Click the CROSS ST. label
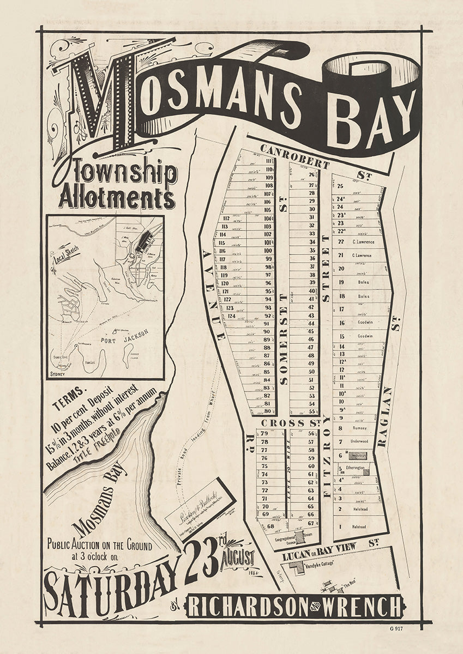tap(282, 423)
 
